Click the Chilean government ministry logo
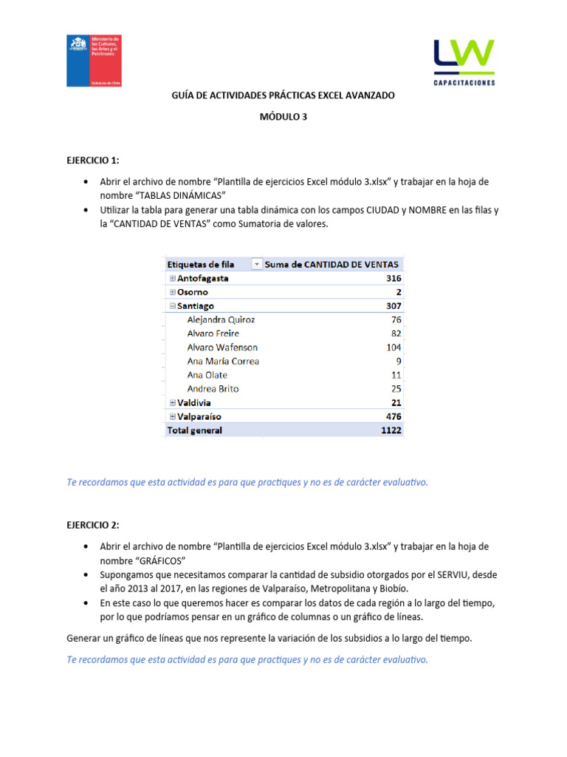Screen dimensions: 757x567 click(94, 61)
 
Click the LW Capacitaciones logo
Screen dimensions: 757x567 click(464, 62)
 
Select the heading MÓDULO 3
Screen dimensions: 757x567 click(283, 117)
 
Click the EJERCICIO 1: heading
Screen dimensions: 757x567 click(92, 160)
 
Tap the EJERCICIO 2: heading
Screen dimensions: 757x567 click(92, 525)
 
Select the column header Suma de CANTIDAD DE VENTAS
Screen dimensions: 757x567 click(331, 264)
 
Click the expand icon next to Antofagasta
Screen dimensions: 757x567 click(173, 279)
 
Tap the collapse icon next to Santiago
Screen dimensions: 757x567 click(173, 306)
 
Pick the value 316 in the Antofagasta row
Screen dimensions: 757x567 click(394, 279)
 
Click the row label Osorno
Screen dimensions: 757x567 click(193, 292)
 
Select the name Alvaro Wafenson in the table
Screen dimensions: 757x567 click(222, 347)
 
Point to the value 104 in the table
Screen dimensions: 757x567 click(394, 347)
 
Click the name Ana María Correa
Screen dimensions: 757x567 click(223, 361)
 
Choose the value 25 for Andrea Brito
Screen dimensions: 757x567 click(396, 389)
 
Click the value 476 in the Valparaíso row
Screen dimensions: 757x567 click(394, 416)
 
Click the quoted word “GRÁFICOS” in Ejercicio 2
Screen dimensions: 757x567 click(157, 560)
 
